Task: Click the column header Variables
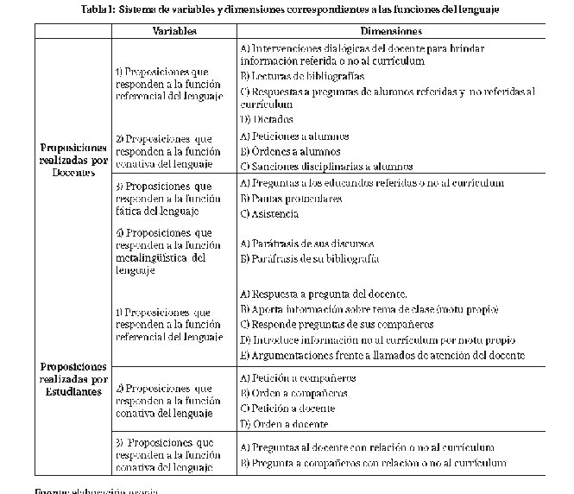pyautogui.click(x=173, y=30)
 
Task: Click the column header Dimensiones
pyautogui.click(x=396, y=30)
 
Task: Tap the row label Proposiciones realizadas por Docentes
pyautogui.click(x=73, y=160)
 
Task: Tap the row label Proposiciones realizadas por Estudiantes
pyautogui.click(x=73, y=378)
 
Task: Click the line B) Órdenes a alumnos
pyautogui.click(x=289, y=151)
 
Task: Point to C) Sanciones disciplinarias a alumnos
pyautogui.click(x=314, y=167)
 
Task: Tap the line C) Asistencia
pyautogui.click(x=269, y=213)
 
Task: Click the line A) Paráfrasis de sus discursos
pyautogui.click(x=306, y=244)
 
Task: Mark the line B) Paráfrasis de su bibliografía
pyautogui.click(x=309, y=258)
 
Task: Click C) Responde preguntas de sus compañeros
pyautogui.click(x=337, y=324)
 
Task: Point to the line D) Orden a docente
pyautogui.click(x=284, y=424)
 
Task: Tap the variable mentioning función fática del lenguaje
pyautogui.click(x=162, y=199)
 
